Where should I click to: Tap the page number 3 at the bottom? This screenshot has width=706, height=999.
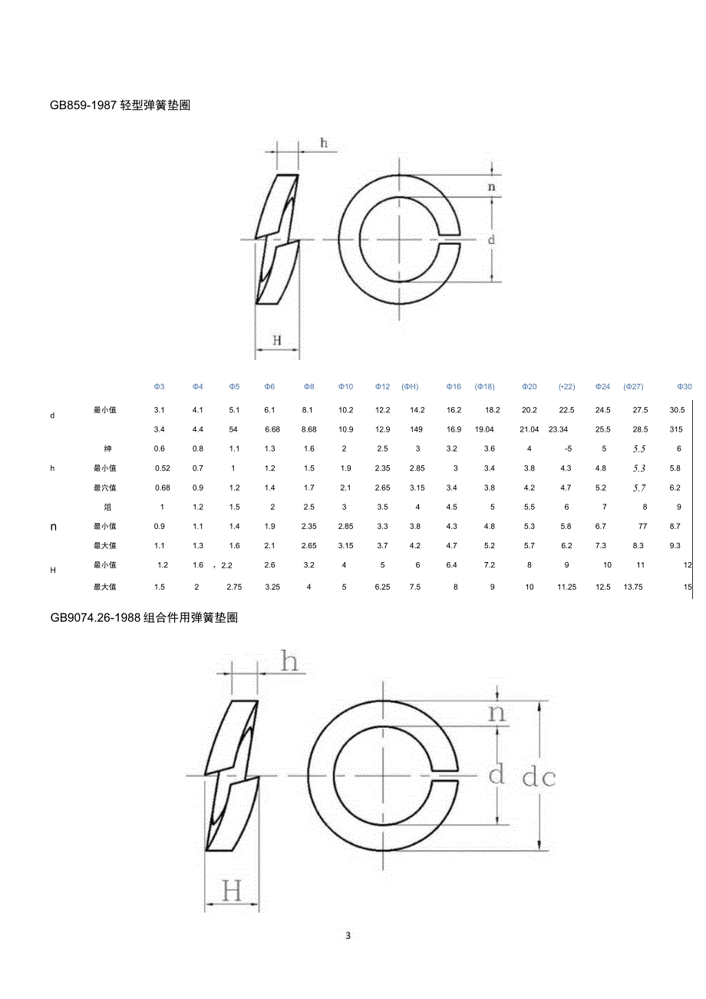click(x=348, y=935)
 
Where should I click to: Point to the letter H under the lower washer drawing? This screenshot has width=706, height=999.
click(x=232, y=891)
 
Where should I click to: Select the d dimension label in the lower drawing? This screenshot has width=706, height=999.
click(x=497, y=774)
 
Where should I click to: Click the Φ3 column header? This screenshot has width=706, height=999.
click(x=160, y=386)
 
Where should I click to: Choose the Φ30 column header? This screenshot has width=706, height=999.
click(x=684, y=386)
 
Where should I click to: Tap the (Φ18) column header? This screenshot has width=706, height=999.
click(x=484, y=386)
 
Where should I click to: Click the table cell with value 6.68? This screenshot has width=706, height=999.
click(x=272, y=429)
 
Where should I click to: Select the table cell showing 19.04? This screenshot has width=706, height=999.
click(x=484, y=429)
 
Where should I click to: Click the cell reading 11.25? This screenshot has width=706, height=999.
click(x=566, y=587)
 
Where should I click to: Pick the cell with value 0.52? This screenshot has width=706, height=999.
click(x=163, y=468)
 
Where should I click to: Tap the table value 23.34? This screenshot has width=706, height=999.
click(x=558, y=429)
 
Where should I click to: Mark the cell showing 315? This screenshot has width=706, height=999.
click(x=675, y=429)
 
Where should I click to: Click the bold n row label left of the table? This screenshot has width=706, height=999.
click(x=53, y=527)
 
